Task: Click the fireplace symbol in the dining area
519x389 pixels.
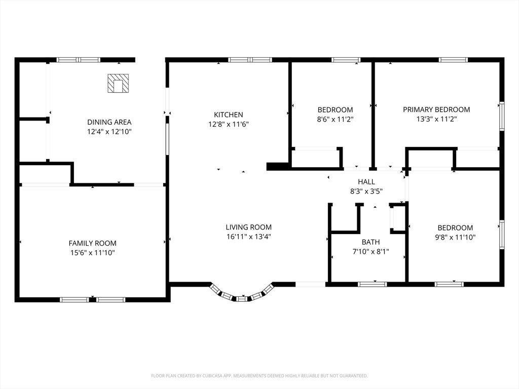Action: click(118, 83)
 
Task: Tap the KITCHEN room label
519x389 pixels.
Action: click(229, 115)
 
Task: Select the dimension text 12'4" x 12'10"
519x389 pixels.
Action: click(109, 132)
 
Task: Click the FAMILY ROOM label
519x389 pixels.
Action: click(92, 243)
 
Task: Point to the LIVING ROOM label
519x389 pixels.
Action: click(248, 227)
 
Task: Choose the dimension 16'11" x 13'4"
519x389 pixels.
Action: click(248, 237)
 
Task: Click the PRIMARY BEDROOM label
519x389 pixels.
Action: click(436, 109)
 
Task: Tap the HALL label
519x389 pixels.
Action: click(366, 182)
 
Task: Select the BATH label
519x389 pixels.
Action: click(370, 242)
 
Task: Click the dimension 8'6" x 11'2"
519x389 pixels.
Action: click(336, 119)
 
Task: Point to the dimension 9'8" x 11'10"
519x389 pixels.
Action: click(455, 237)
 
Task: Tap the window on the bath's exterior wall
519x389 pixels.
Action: click(373, 284)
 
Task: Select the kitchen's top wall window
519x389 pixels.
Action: click(250, 60)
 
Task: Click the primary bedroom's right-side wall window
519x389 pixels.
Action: click(502, 116)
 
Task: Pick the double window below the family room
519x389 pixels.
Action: click(93, 300)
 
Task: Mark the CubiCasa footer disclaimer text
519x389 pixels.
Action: click(259, 376)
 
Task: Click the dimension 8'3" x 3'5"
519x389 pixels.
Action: click(366, 191)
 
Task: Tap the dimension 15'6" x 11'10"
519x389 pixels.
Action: click(92, 253)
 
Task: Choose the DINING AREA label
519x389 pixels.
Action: click(109, 122)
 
